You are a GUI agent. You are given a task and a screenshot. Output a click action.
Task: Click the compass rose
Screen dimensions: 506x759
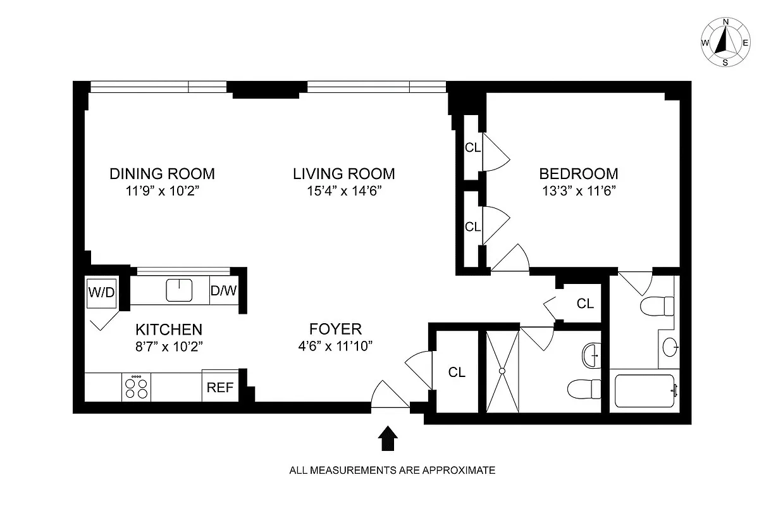pyautogui.click(x=725, y=42)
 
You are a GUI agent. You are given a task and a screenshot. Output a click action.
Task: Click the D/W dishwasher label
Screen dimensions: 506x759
pyautogui.click(x=223, y=291)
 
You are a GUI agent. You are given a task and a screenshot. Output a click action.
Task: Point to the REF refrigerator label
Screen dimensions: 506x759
pyautogui.click(x=220, y=388)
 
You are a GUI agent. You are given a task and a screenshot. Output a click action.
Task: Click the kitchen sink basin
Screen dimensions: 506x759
pyautogui.click(x=179, y=290)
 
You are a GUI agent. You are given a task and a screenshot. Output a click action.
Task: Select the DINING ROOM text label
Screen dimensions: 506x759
pyautogui.click(x=162, y=173)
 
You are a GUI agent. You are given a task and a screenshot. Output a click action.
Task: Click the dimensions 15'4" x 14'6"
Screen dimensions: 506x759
pyautogui.click(x=343, y=190)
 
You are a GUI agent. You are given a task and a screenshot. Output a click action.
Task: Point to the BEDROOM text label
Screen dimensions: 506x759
pyautogui.click(x=578, y=173)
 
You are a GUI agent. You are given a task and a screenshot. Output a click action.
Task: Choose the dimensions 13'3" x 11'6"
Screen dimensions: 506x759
pyautogui.click(x=578, y=190)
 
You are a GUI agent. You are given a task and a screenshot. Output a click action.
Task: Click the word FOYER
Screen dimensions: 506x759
pyautogui.click(x=335, y=329)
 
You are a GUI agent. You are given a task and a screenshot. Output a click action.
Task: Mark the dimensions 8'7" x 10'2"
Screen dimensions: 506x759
pyautogui.click(x=169, y=346)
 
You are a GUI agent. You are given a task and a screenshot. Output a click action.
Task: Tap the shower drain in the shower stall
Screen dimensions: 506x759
pyautogui.click(x=502, y=371)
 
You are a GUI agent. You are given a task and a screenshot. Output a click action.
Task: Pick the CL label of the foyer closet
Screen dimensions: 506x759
pyautogui.click(x=457, y=373)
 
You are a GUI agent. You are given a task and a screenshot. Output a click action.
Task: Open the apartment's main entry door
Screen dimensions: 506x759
pyautogui.click(x=390, y=395)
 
